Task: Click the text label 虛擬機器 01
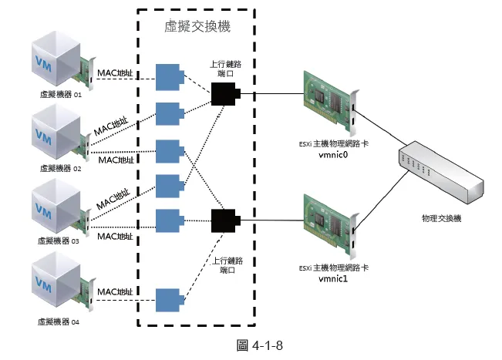[x=59, y=96]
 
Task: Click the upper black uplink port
[x=225, y=94]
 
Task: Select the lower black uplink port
[x=225, y=220]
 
